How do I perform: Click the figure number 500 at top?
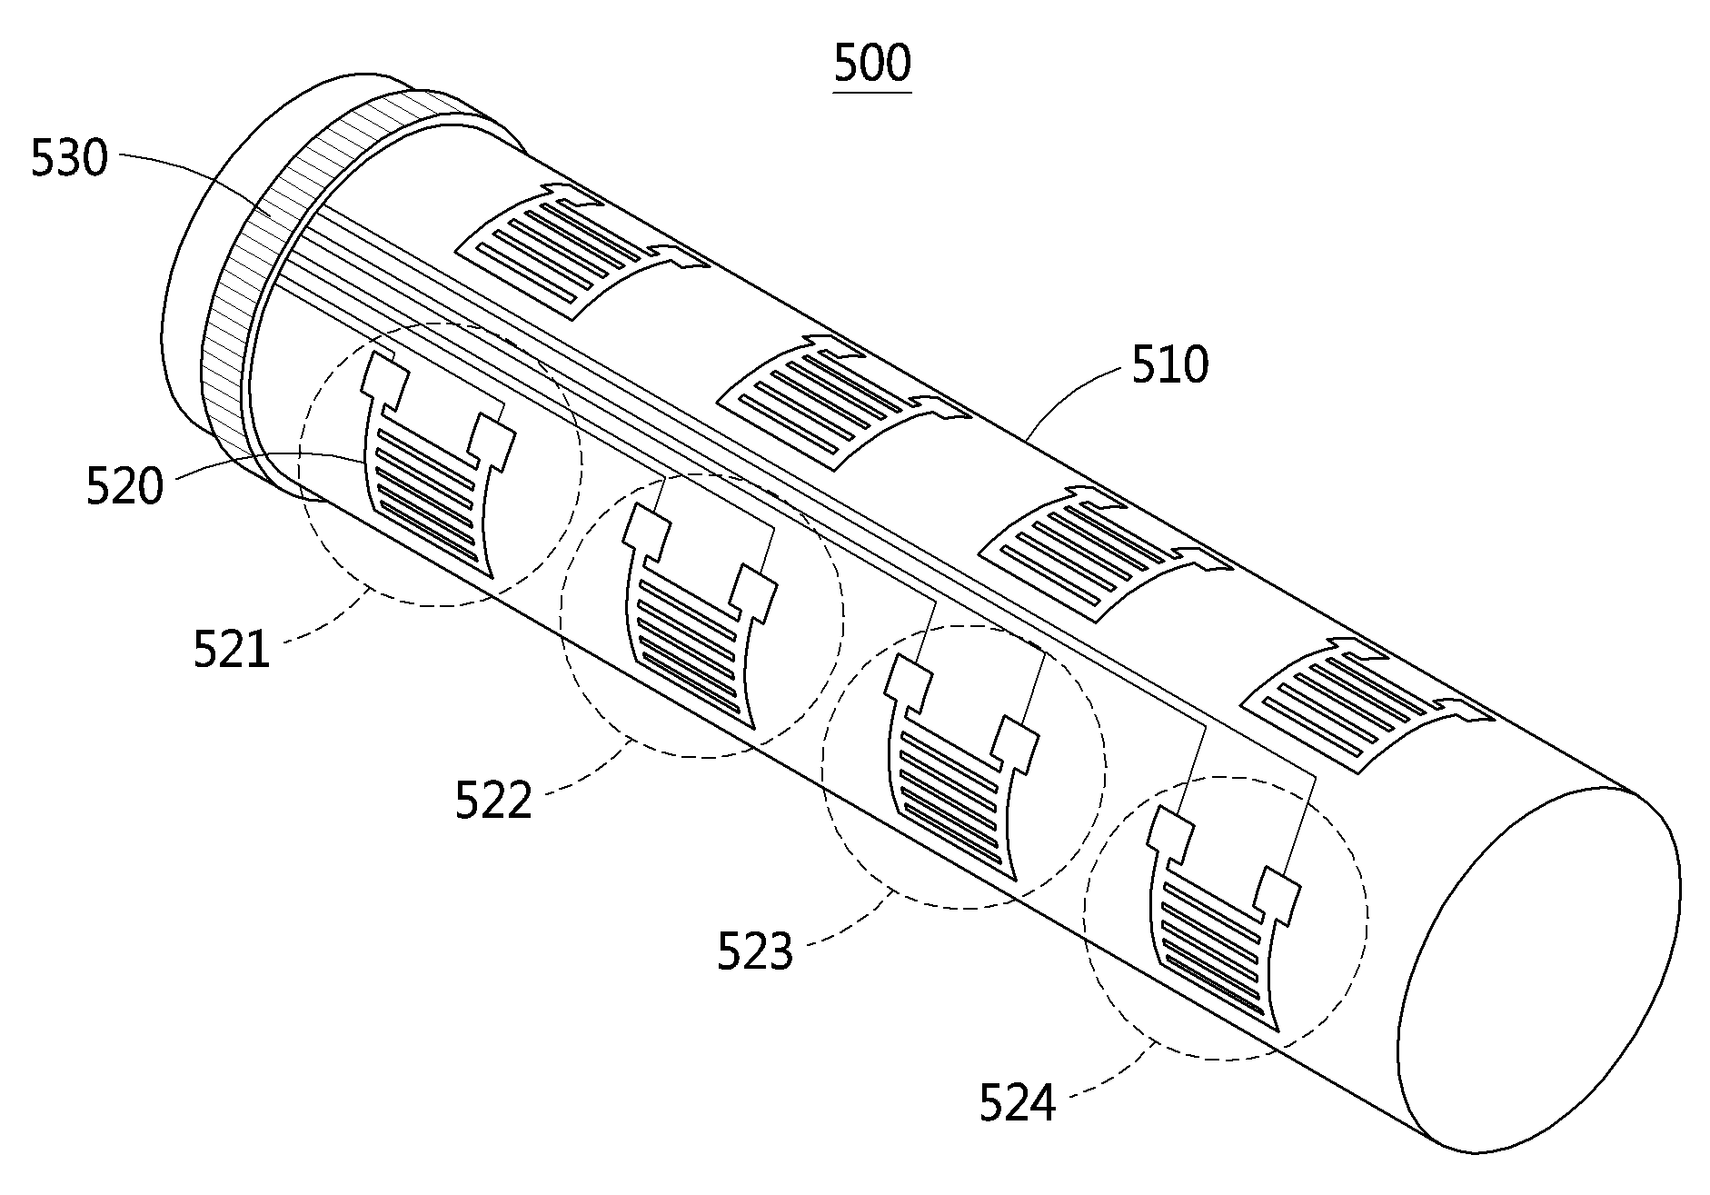coord(871,64)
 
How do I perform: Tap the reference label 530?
coord(69,159)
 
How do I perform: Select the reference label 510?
coord(1169,365)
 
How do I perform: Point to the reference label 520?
coord(124,486)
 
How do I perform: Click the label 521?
coord(232,650)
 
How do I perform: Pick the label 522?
coord(493,801)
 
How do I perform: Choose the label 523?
coord(755,951)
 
